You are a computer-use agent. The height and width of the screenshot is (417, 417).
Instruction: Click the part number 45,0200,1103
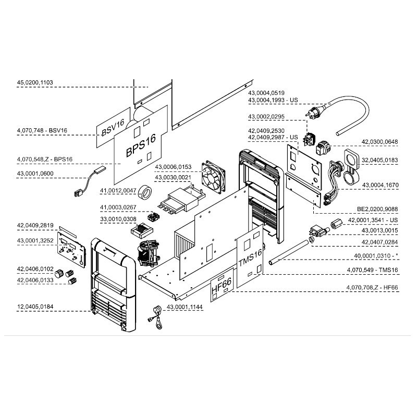pyautogui.click(x=39, y=82)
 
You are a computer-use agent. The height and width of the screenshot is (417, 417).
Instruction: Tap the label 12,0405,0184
pyautogui.click(x=39, y=306)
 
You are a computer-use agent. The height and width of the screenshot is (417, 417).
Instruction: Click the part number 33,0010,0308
pyautogui.click(x=118, y=219)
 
